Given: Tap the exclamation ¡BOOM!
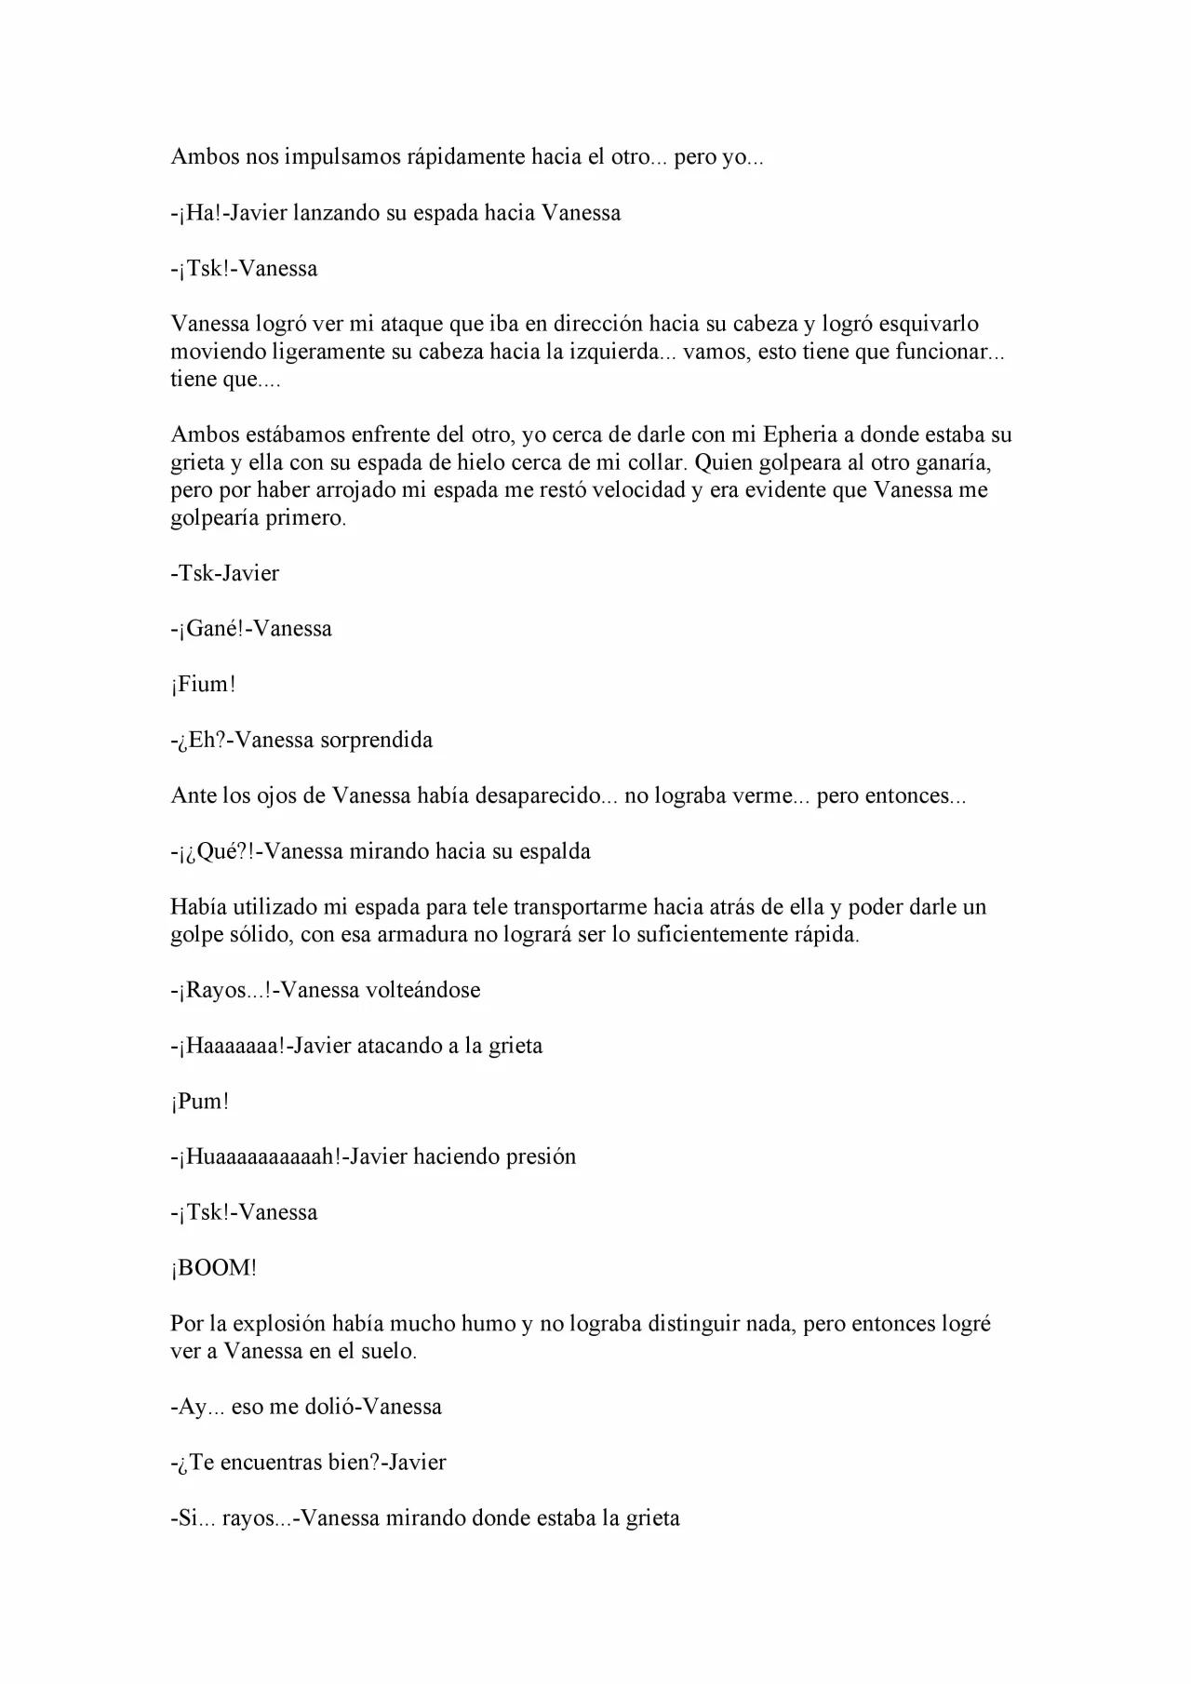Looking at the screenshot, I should click(x=213, y=1268).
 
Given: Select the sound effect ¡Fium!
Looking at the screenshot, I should click(x=203, y=685).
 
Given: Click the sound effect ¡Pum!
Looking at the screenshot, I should click(x=199, y=1102).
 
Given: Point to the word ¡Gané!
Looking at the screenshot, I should click(x=211, y=629).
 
